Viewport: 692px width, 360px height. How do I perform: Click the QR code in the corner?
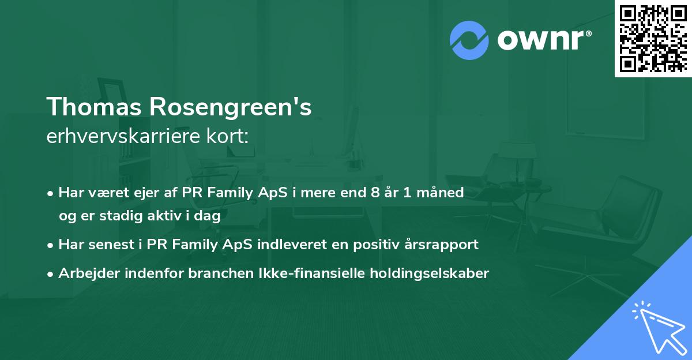653,38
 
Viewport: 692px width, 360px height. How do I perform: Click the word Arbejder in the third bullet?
84,273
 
